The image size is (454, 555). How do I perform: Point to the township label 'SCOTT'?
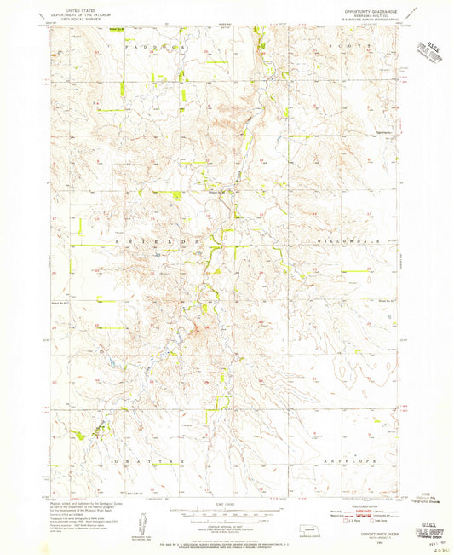(x=356, y=43)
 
